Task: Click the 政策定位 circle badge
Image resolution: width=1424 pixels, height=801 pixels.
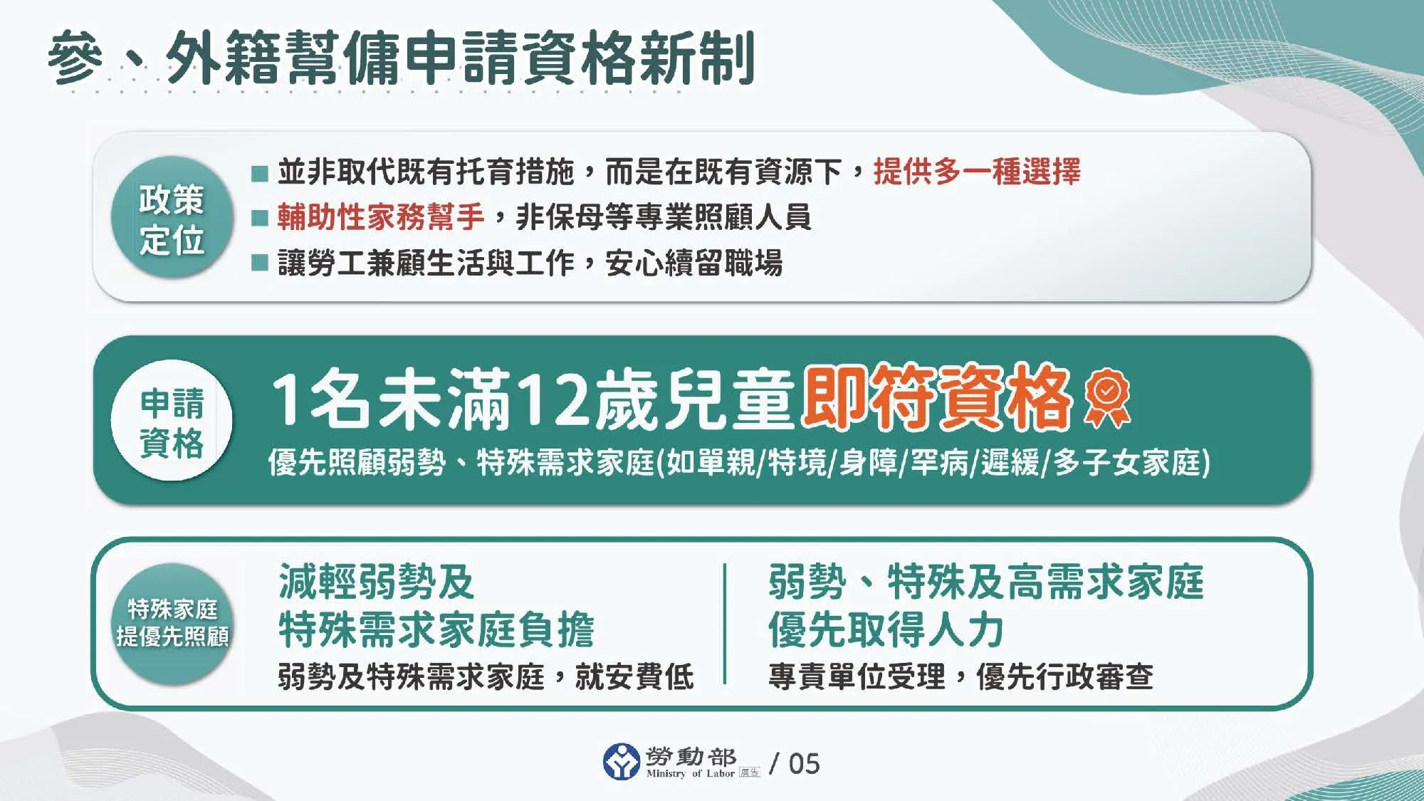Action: [172, 218]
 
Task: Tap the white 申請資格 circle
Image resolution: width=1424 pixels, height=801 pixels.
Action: [172, 422]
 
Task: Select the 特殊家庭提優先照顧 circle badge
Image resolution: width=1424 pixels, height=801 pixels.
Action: [172, 624]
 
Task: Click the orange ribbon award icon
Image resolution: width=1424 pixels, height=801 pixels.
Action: [1106, 397]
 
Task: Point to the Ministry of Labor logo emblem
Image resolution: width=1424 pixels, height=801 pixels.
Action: [621, 762]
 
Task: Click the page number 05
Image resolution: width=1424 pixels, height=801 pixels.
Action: [804, 764]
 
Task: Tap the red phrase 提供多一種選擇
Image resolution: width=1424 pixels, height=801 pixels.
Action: [977, 172]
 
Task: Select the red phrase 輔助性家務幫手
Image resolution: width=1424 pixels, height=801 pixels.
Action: [381, 217]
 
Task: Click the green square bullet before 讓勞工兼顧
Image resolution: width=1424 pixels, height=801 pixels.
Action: [260, 263]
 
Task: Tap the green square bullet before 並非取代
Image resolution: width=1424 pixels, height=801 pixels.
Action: [260, 173]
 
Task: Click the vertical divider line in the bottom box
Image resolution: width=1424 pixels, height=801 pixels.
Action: [725, 624]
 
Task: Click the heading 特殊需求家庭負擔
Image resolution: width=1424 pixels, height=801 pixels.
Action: [436, 630]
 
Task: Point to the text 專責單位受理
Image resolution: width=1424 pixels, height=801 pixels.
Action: [857, 676]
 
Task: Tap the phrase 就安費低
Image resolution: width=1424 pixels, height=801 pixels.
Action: [634, 676]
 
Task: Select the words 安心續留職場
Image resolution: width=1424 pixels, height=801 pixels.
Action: [693, 263]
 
